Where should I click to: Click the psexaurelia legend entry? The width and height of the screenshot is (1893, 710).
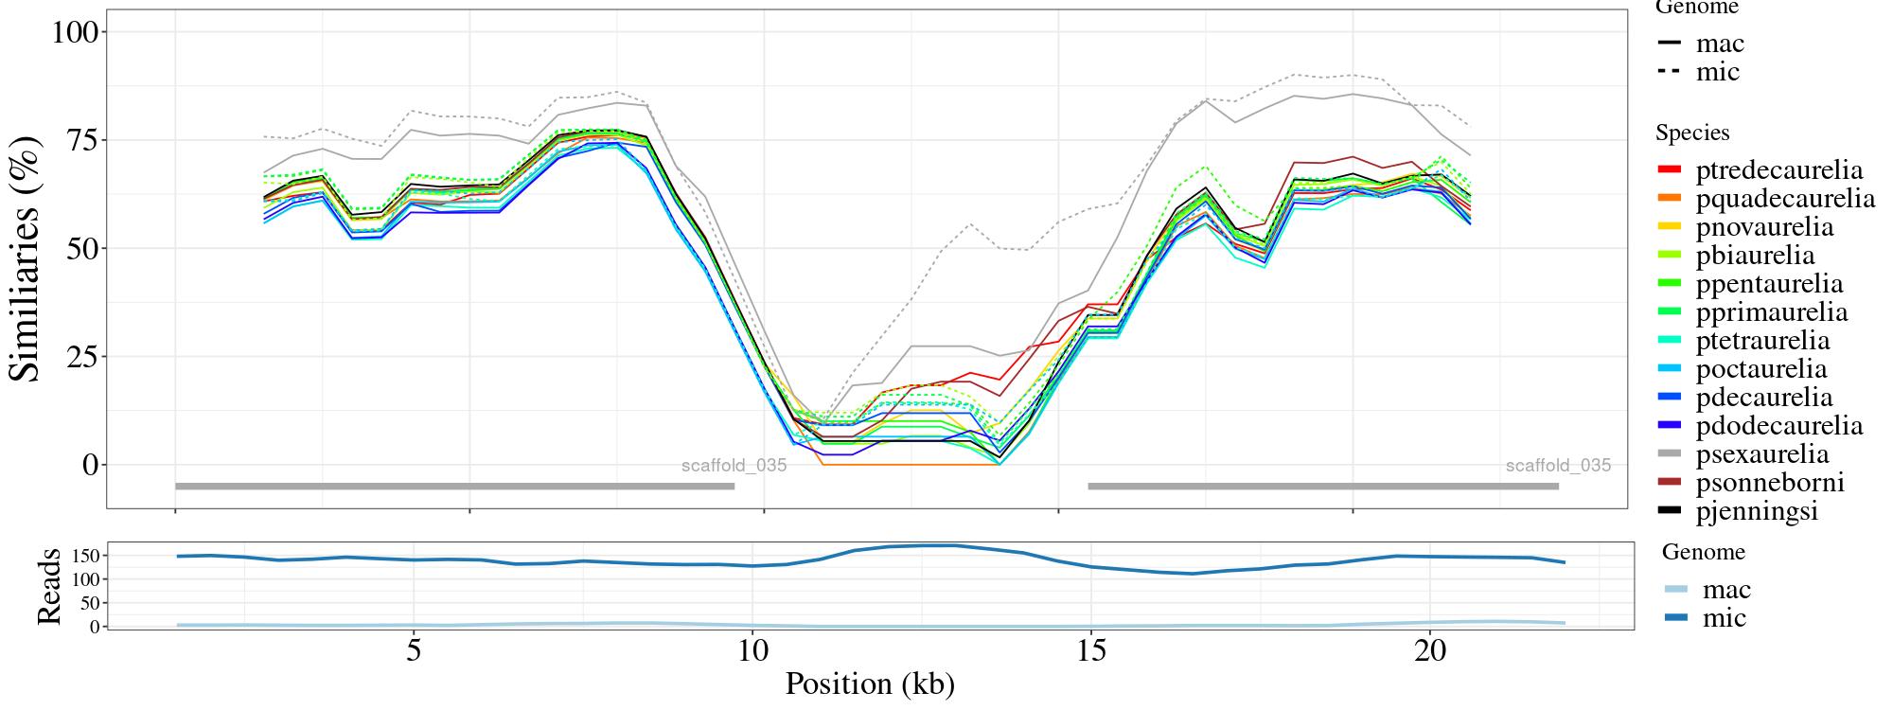point(1761,454)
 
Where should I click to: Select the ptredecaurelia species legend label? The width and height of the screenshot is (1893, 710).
point(1778,170)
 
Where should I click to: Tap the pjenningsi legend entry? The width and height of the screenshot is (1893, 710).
point(1757,511)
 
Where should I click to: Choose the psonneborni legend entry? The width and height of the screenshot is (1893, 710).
point(1769,483)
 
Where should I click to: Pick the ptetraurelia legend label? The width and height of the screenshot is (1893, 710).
point(1762,341)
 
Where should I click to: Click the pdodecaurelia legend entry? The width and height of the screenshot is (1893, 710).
point(1778,426)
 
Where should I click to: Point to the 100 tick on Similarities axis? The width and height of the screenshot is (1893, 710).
point(75,32)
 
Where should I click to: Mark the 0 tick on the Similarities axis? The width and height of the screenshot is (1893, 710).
point(91,465)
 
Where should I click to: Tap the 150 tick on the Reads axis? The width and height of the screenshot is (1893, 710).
point(84,555)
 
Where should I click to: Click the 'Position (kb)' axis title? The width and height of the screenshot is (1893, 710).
point(870,683)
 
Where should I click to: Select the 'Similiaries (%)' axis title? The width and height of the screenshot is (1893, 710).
point(26,258)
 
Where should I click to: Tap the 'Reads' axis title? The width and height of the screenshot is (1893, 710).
point(48,586)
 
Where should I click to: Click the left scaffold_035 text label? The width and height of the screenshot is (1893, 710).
point(734,466)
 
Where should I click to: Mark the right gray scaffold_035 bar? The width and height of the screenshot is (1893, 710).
point(1323,487)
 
